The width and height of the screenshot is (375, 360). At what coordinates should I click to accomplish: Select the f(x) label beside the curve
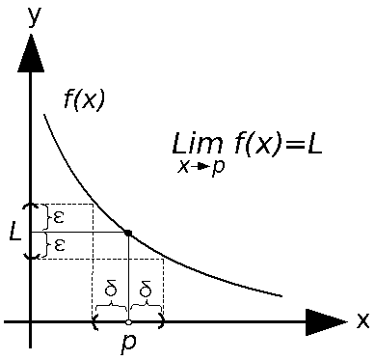coord(84,98)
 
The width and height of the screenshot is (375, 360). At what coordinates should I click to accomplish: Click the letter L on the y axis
coord(13,233)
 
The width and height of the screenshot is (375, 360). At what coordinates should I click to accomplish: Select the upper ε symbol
coord(60,217)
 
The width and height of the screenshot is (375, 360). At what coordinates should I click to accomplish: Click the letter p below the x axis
coord(128,344)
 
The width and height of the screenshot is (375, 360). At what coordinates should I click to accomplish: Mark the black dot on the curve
coord(129,233)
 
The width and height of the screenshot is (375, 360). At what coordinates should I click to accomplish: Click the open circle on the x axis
coord(129,321)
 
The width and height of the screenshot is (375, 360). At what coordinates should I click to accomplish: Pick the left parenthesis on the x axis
coord(95,321)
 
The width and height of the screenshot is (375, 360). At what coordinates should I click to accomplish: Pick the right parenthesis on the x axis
coord(162,321)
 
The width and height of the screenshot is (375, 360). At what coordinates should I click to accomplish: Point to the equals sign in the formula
coord(290,146)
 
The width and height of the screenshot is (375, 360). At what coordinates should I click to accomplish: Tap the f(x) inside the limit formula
coord(255,146)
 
